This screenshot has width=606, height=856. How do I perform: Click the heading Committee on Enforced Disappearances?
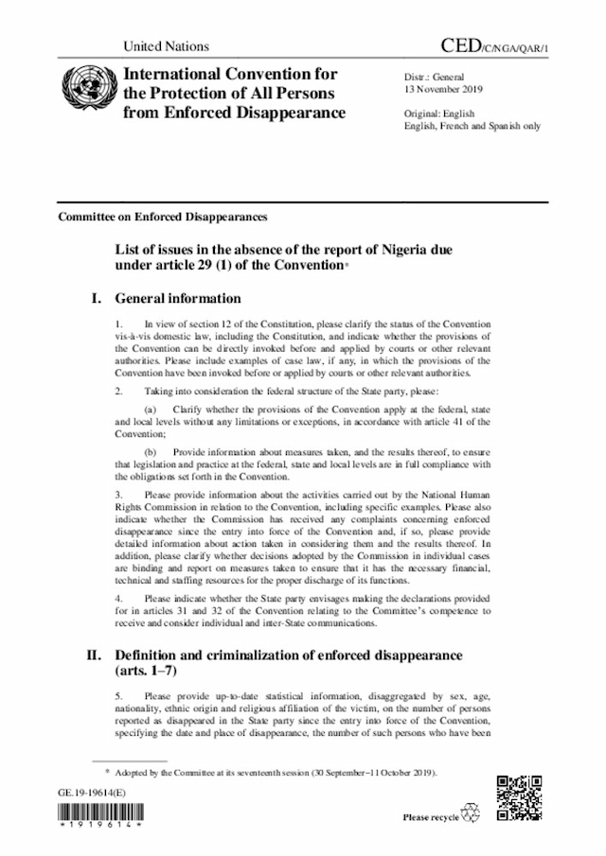click(x=163, y=216)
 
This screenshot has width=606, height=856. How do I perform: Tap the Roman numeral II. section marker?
click(x=94, y=655)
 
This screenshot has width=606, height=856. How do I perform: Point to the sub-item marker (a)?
click(x=151, y=408)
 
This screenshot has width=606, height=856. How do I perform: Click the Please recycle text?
click(x=431, y=817)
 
